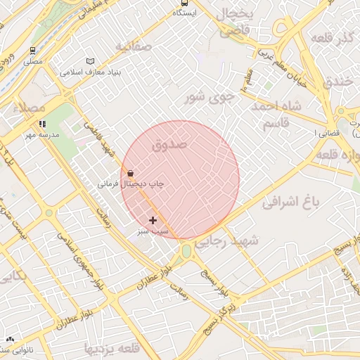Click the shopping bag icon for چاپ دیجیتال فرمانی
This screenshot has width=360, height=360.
coord(130,173)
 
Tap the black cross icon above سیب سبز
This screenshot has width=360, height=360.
coord(153,221)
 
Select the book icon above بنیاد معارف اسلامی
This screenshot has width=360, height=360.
coord(89,61)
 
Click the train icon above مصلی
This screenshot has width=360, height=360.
coord(32,51)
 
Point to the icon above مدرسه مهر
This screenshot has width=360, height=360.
coord(43,124)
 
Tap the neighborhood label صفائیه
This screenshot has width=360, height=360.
coord(134,47)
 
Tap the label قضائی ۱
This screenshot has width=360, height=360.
coord(324,132)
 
